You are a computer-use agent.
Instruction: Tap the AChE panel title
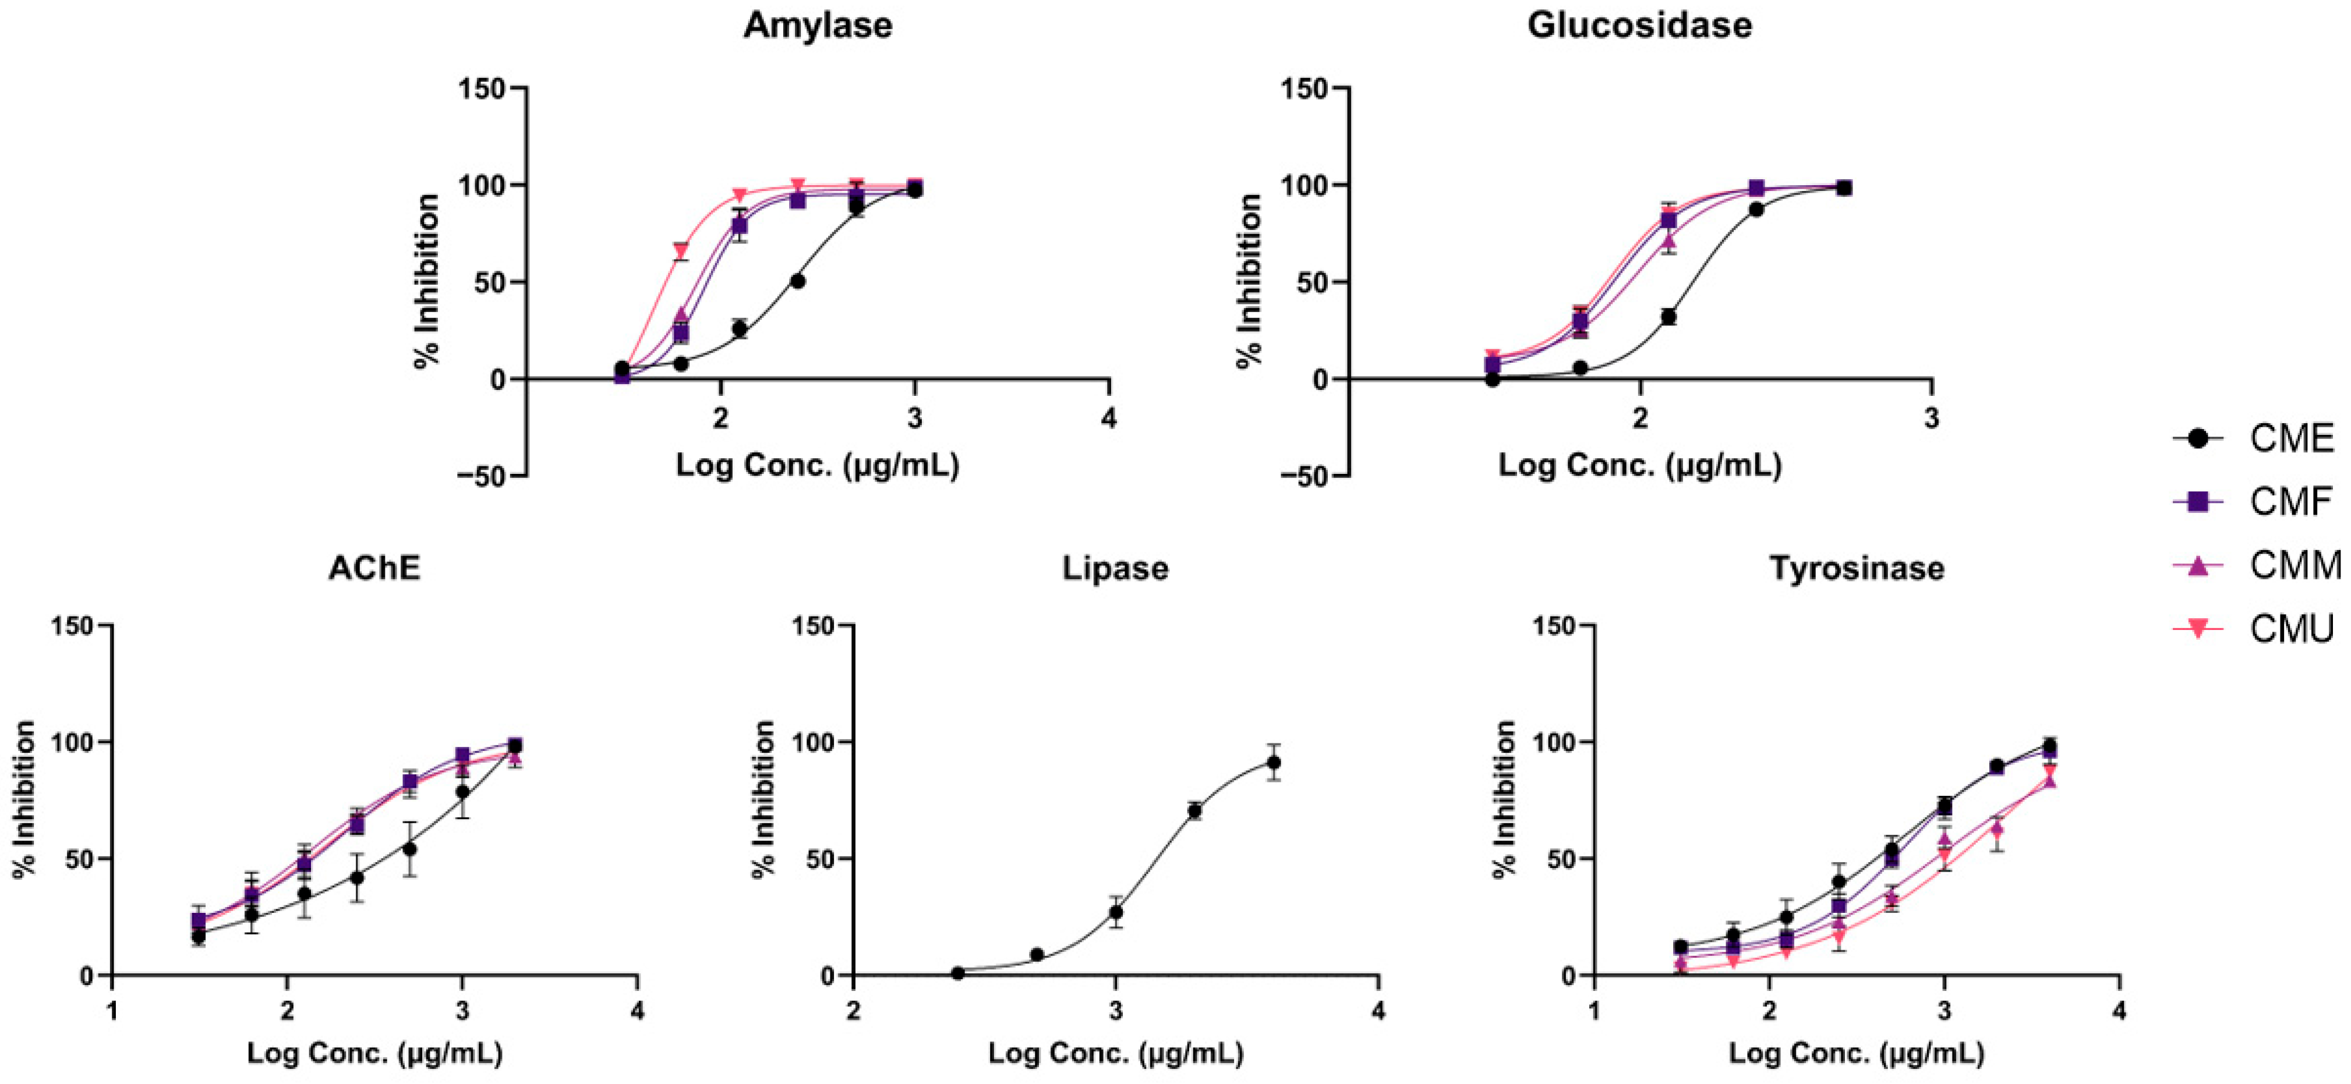[x=374, y=568]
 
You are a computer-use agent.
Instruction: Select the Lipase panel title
[x=1115, y=568]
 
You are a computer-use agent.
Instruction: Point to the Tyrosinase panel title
[x=1857, y=568]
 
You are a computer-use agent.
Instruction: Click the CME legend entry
[x=2291, y=439]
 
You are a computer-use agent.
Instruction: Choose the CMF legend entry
[x=2291, y=502]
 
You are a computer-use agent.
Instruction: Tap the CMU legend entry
[x=2291, y=629]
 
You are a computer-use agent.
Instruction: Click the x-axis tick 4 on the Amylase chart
[x=1109, y=419]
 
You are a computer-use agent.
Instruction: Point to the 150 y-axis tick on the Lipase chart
[x=815, y=625]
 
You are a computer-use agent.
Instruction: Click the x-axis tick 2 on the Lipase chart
[x=853, y=1011]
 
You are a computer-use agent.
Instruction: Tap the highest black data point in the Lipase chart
[x=1273, y=762]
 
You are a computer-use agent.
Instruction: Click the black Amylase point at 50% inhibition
[x=797, y=281]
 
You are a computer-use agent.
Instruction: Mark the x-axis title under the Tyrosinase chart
[x=1857, y=1054]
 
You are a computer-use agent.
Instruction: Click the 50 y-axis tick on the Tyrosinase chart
[x=1568, y=859]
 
